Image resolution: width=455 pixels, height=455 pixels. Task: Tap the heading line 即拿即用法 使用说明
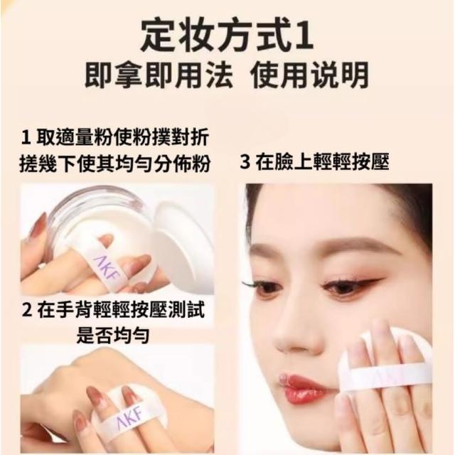227,75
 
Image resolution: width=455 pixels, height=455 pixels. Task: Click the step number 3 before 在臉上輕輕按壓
245,163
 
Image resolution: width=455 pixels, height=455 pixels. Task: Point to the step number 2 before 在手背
27,310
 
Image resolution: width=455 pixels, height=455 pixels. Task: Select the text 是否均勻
113,336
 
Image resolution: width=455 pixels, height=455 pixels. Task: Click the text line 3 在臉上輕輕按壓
314,163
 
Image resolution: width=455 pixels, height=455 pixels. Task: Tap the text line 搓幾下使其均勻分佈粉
114,164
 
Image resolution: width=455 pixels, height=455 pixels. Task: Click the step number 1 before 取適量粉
26,137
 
